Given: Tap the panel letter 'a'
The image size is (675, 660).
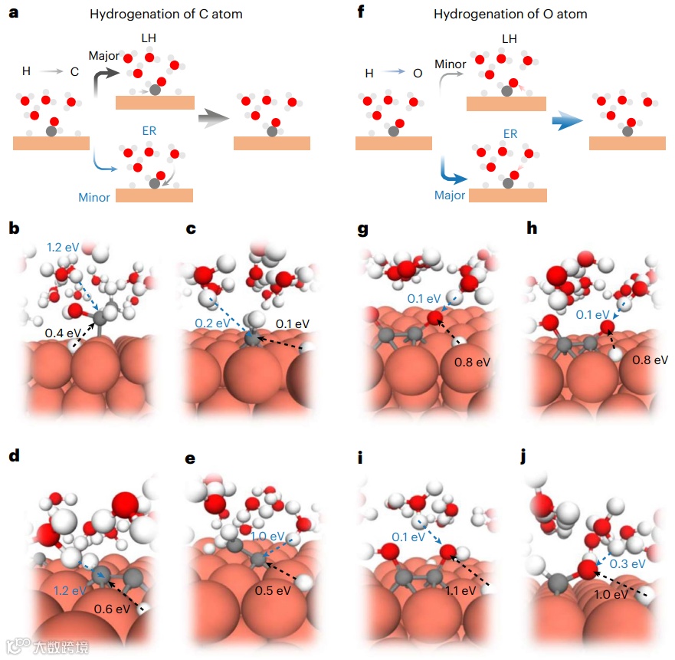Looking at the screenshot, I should click(13, 13).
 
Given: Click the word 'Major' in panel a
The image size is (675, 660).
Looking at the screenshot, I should click(103, 56).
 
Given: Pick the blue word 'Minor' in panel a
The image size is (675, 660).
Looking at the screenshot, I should click(94, 197).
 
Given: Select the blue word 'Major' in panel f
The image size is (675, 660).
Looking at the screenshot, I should click(449, 195).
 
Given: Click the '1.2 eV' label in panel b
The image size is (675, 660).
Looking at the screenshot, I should click(62, 248).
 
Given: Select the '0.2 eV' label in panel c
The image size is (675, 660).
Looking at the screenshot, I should click(208, 323).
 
